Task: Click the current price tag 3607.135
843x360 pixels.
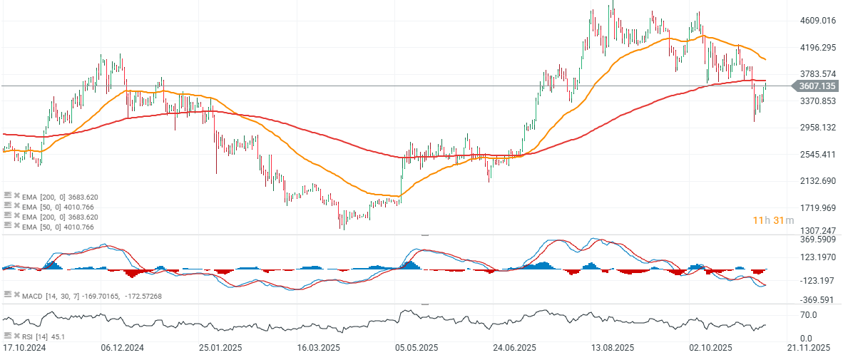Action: [x=817, y=86]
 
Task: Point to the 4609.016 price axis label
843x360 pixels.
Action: [x=818, y=21]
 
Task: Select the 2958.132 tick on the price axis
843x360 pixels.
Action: [x=818, y=128]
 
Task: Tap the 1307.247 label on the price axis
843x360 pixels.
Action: [x=818, y=231]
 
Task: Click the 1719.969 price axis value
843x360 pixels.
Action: [x=818, y=207]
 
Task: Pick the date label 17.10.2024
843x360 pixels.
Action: [x=25, y=349]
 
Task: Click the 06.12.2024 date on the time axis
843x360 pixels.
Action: [x=123, y=349]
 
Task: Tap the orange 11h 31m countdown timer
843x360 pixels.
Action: [x=773, y=220]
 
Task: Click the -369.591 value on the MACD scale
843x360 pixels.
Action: [x=817, y=299]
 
